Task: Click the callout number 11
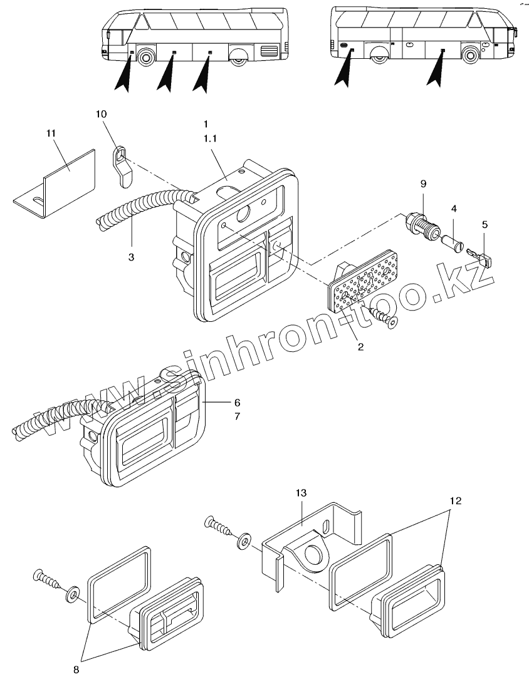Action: click(51, 133)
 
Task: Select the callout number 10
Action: click(102, 114)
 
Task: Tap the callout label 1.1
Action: click(210, 140)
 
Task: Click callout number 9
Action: click(423, 183)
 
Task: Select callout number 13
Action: click(301, 493)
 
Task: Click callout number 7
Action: click(219, 416)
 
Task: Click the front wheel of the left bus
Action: click(146, 58)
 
